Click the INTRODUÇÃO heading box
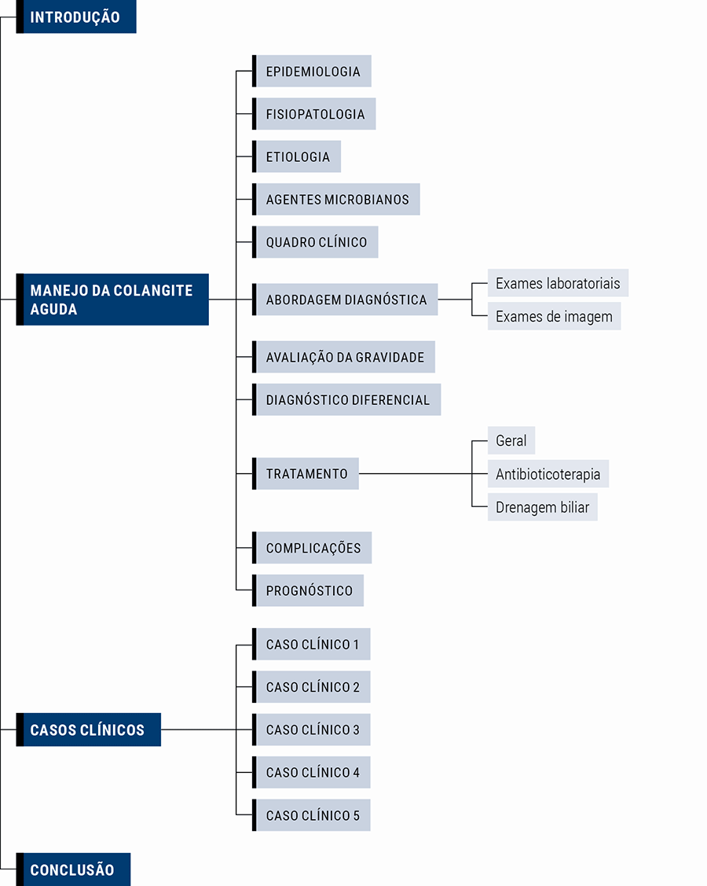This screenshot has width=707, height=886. coord(76,17)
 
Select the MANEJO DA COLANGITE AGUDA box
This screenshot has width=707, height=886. coord(113,300)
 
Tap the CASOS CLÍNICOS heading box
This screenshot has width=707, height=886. coord(89,730)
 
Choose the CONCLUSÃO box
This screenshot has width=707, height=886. coord(73,869)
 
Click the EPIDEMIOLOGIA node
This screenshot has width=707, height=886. coord(313,72)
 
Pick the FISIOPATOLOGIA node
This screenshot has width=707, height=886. coord(315,114)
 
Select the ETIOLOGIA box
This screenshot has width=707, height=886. coord(298,156)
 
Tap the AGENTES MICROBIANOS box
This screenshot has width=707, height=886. coord(337,200)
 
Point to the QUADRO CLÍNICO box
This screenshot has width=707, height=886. coord(316,242)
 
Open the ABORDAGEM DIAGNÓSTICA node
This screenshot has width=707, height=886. coord(346,300)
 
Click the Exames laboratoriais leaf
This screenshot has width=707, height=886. coord(558,283)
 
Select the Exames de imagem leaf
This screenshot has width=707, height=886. coord(554,317)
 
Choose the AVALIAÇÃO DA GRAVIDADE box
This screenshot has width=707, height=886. coord(344,357)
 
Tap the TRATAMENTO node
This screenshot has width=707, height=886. coord(306,474)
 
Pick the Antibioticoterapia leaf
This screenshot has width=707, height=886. coord(548,474)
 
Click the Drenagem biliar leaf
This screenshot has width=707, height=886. coord(542,507)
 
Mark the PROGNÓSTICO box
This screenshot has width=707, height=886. coord(309,590)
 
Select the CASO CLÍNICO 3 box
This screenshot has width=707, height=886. coord(312,730)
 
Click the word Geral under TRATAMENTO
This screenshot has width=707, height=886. coord(511,441)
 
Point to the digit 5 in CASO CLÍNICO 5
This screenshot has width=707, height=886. coord(356,816)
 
